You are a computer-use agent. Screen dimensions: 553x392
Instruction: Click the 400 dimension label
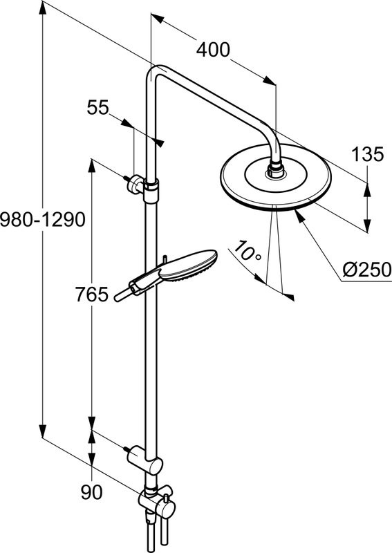[212, 50]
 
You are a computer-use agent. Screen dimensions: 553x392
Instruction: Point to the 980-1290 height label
[42, 220]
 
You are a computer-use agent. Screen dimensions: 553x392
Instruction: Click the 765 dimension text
[92, 295]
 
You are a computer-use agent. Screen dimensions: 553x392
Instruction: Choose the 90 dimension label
[91, 492]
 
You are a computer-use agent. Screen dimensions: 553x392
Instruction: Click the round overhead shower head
[276, 183]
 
